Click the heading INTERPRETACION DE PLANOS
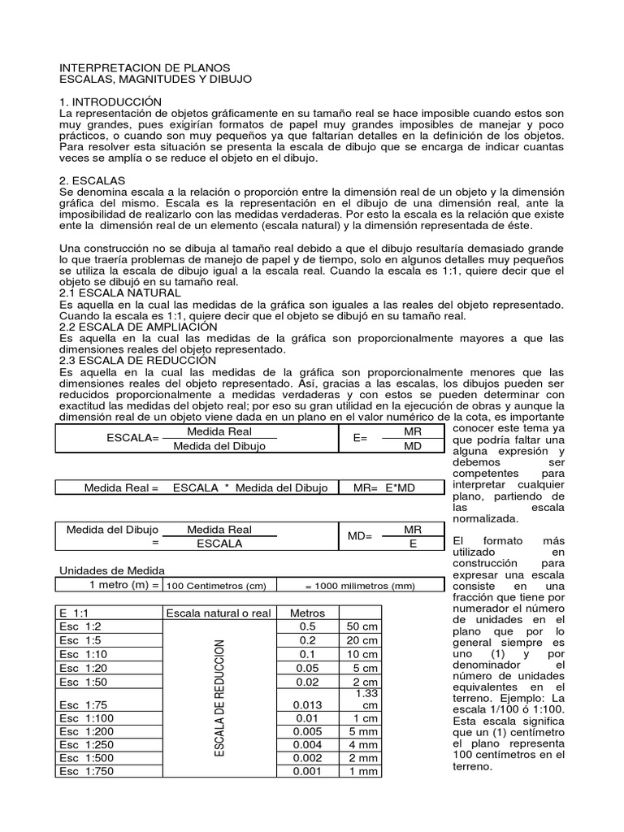[145, 67]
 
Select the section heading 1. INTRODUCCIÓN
[106, 101]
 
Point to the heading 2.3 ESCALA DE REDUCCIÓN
[138, 360]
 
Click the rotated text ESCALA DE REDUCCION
[219, 698]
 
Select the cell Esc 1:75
[84, 697]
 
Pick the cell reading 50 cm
[359, 627]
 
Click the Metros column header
[306, 613]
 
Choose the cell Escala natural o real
[219, 613]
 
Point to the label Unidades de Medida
[112, 570]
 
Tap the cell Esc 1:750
[87, 771]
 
